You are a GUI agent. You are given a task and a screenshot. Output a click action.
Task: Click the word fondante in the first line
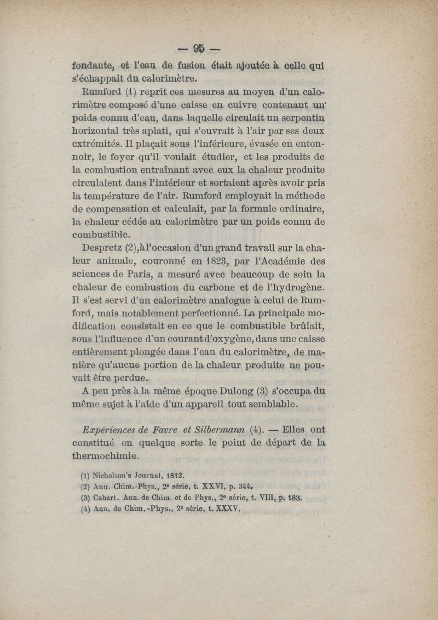[95, 66]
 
